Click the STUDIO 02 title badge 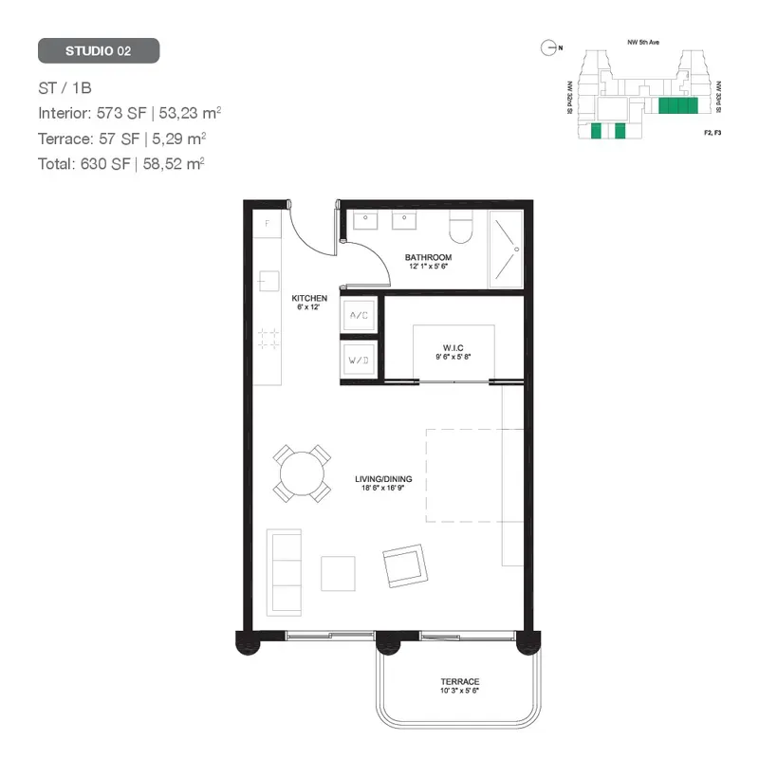(99, 51)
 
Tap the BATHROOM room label (428, 257)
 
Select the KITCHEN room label (309, 299)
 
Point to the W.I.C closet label (453, 348)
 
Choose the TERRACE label (459, 682)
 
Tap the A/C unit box (360, 314)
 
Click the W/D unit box (360, 361)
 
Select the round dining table (303, 473)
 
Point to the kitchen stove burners (268, 339)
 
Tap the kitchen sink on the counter (268, 281)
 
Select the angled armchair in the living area (405, 565)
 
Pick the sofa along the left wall (284, 572)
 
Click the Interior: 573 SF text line (130, 113)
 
